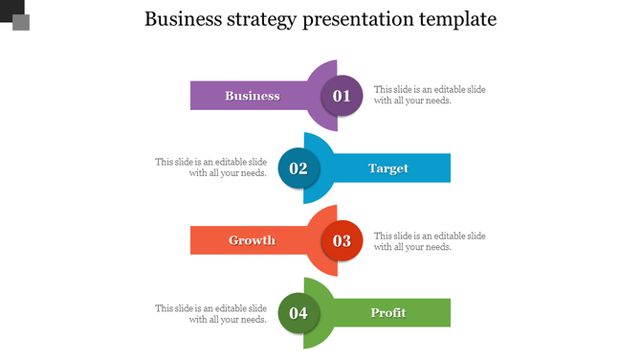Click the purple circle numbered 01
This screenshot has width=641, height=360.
342,96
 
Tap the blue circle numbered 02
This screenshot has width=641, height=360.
298,169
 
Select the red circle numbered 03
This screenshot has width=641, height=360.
342,240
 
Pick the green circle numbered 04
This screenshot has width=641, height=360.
298,313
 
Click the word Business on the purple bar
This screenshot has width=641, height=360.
253,96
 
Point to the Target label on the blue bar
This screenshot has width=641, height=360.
388,169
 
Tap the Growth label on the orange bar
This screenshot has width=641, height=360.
252,240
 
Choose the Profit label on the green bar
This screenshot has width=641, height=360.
388,313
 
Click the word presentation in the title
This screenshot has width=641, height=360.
356,19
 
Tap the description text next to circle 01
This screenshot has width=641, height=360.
430,95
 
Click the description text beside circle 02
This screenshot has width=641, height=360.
211,168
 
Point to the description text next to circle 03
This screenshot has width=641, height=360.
430,241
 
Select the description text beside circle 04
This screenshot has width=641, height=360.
211,314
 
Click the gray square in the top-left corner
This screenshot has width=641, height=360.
21,22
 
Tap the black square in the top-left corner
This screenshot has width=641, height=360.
8,8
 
